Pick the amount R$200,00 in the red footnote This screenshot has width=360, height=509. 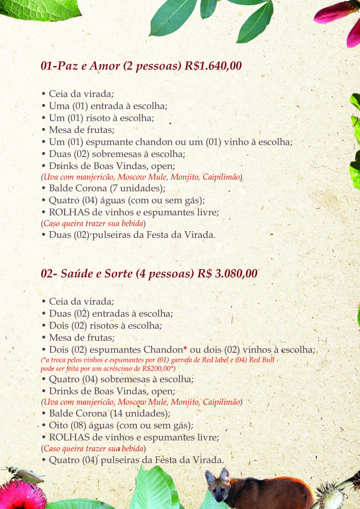point(157,368)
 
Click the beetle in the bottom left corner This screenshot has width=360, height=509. point(25,475)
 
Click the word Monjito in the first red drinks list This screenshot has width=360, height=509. point(193,177)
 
